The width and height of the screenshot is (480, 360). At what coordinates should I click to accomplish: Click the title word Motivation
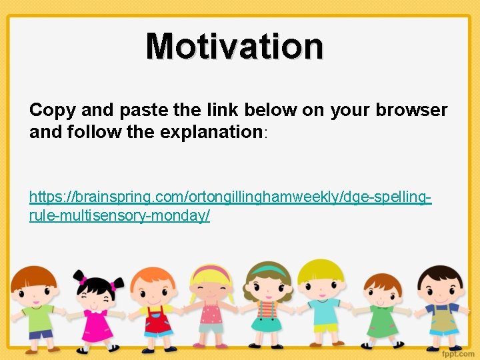point(235,46)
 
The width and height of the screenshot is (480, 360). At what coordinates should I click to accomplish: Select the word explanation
point(211,132)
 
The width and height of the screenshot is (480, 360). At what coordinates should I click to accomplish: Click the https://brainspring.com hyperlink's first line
point(230,197)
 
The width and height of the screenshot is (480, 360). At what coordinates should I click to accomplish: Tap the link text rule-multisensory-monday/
point(120,216)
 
